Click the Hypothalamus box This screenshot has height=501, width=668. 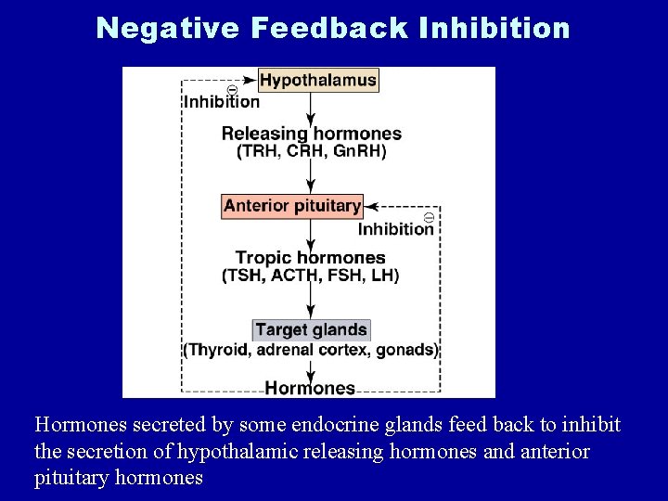(318, 80)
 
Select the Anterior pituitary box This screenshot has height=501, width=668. (292, 206)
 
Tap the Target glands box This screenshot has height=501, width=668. (311, 329)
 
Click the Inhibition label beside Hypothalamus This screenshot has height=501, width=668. (222, 102)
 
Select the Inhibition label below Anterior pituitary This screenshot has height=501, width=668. (396, 228)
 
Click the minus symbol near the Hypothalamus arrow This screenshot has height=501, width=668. (232, 90)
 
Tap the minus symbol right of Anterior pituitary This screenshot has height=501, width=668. (429, 216)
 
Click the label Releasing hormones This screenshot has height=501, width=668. (312, 134)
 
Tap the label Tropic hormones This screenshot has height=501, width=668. (311, 257)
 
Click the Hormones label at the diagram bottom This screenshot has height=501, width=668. (310, 388)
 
